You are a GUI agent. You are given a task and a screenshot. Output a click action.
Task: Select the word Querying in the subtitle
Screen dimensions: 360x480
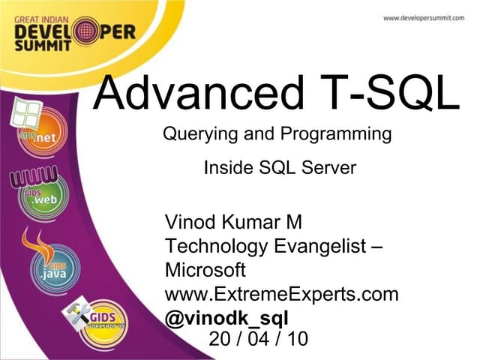tap(196, 136)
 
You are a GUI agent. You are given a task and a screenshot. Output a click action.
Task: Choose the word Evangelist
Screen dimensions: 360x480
tap(316, 246)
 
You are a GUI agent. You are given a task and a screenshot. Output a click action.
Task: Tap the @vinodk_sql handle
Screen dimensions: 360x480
tap(227, 316)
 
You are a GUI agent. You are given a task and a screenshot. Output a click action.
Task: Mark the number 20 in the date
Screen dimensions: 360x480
tap(220, 339)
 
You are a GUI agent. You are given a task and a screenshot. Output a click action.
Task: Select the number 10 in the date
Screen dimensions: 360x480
tap(297, 339)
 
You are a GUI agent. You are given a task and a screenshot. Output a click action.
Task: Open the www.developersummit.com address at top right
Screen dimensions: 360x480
tap(424, 18)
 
